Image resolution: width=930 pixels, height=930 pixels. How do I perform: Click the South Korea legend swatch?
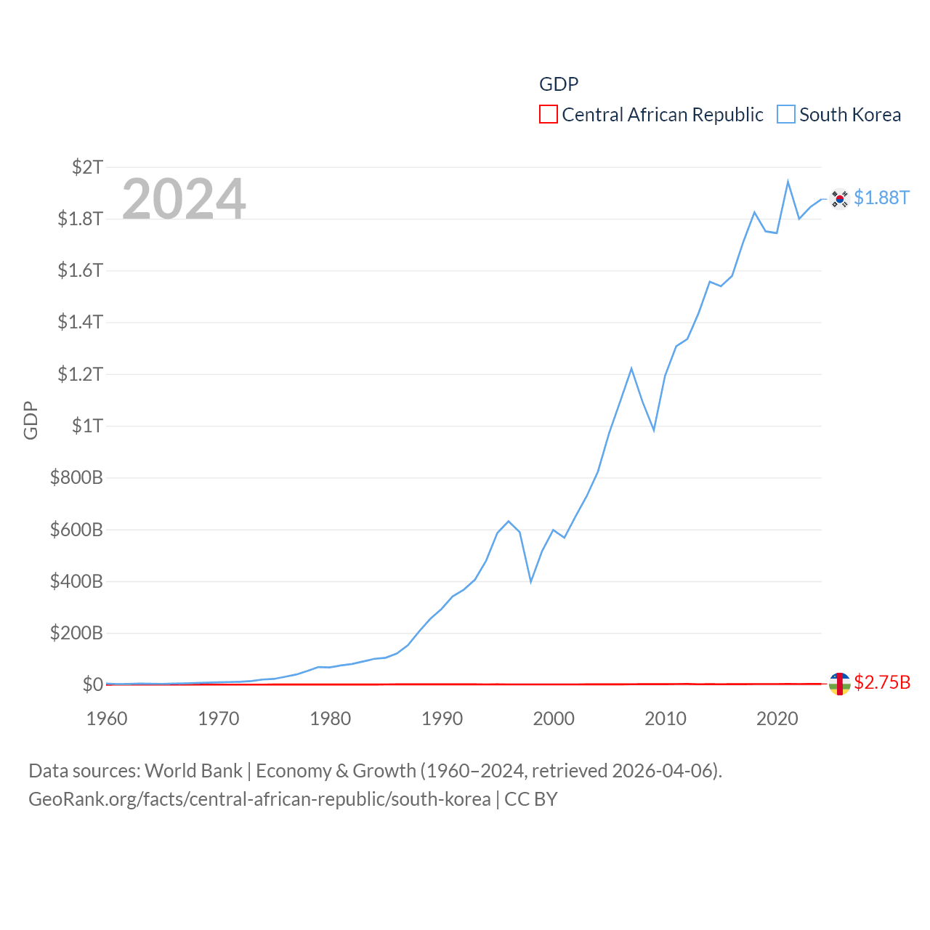click(786, 114)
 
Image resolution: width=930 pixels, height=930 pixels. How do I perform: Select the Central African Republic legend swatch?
click(549, 114)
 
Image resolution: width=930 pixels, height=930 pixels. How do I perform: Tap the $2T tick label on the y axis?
click(87, 167)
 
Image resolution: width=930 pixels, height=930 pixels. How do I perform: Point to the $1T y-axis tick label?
click(87, 426)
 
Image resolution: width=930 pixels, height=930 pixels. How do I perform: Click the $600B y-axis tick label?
click(76, 530)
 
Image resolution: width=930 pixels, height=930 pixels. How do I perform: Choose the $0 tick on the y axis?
click(92, 684)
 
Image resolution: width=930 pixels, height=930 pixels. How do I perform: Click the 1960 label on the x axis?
click(107, 719)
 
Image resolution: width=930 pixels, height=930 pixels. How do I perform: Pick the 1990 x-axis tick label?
click(442, 719)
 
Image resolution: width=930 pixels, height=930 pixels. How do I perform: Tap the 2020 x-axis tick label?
click(777, 719)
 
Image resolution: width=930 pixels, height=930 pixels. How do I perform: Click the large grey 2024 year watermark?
click(184, 198)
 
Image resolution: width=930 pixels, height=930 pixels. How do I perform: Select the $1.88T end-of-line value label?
click(881, 198)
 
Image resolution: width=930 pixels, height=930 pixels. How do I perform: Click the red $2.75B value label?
click(882, 683)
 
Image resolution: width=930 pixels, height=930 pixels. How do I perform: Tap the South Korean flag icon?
click(839, 198)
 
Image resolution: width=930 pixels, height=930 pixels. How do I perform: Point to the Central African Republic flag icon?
click(839, 684)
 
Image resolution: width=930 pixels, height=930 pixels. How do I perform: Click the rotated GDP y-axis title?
click(31, 420)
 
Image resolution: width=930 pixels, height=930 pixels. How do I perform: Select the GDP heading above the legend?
click(559, 84)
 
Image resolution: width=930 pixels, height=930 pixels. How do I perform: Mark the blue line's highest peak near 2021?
click(788, 182)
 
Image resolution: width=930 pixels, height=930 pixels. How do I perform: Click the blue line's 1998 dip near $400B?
click(531, 581)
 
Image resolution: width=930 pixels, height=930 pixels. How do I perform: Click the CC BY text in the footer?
click(530, 799)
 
